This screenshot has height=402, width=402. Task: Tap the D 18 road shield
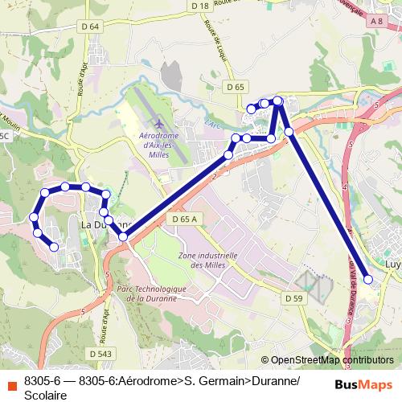[201, 6]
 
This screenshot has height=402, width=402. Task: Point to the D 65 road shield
[235, 86]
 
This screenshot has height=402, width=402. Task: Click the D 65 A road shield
[184, 218]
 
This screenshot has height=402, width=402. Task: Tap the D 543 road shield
[100, 353]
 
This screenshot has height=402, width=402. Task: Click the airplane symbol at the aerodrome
[158, 125]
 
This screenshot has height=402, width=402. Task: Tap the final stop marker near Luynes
[368, 280]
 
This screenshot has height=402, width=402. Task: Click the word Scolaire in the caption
[46, 395]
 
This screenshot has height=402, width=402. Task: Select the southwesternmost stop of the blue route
[54, 248]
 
